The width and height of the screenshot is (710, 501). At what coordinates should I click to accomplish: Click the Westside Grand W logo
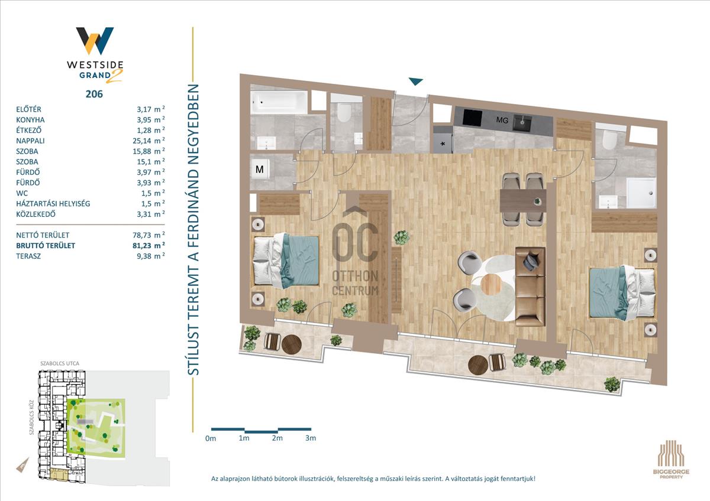click(x=95, y=41)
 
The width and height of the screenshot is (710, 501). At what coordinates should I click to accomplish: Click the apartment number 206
click(x=94, y=94)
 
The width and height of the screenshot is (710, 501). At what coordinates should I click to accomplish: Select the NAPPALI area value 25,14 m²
click(x=149, y=141)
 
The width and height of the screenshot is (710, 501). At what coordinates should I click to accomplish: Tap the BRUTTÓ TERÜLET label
click(x=46, y=246)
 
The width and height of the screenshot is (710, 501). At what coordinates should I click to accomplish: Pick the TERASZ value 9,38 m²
click(x=150, y=256)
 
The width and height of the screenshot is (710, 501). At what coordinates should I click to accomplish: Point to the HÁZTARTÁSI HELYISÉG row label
click(x=53, y=203)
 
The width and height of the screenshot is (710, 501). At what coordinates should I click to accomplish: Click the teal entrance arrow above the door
click(x=415, y=82)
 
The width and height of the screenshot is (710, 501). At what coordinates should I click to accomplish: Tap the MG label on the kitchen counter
click(x=502, y=121)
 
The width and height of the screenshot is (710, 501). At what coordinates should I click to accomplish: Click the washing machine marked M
click(x=260, y=170)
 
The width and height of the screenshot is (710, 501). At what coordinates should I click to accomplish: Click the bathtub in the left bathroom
click(x=279, y=102)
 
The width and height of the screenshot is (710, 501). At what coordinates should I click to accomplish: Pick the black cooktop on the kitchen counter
click(x=472, y=118)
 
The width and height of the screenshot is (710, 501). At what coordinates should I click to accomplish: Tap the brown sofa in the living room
click(x=530, y=287)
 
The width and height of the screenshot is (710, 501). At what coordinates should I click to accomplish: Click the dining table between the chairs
click(x=523, y=201)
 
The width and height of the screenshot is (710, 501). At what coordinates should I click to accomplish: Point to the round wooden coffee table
click(x=491, y=285)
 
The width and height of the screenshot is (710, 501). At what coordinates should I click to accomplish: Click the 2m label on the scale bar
click(x=277, y=438)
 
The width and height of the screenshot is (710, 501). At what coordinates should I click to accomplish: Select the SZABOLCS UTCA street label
click(x=60, y=363)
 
